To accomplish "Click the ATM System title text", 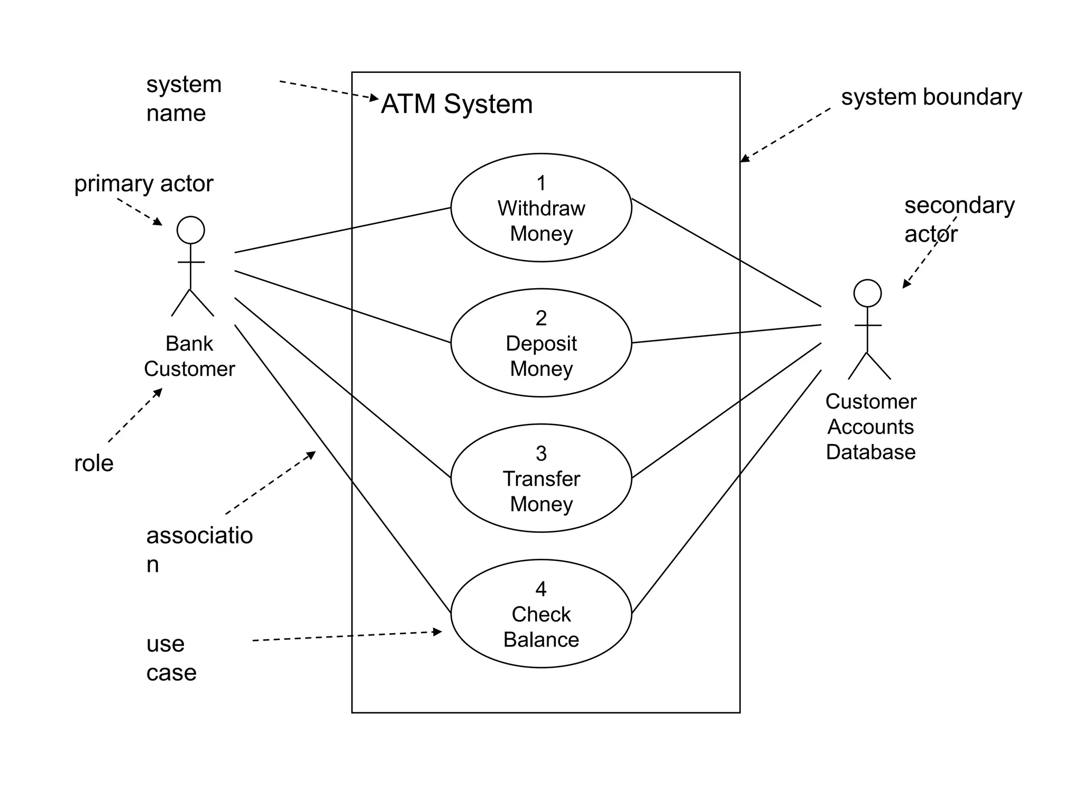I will pyautogui.click(x=456, y=104).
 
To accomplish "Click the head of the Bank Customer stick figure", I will pyautogui.click(x=190, y=230).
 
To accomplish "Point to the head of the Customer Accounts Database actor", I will pyautogui.click(x=867, y=293).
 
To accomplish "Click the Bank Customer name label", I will pyautogui.click(x=189, y=356).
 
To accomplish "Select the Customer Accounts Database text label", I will pyautogui.click(x=870, y=427).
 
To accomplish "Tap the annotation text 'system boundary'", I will pyautogui.click(x=931, y=97).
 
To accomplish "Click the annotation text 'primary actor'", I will pyautogui.click(x=143, y=184).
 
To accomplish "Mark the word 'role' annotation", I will pyautogui.click(x=94, y=464).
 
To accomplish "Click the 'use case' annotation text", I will pyautogui.click(x=170, y=658).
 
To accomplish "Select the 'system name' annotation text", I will pyautogui.click(x=183, y=99).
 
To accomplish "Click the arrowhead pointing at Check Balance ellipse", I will pyautogui.click(x=438, y=631).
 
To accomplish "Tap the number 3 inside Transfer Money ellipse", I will pyautogui.click(x=541, y=454).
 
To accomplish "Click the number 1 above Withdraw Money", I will pyautogui.click(x=541, y=183).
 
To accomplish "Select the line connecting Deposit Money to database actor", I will pyautogui.click(x=727, y=334).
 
